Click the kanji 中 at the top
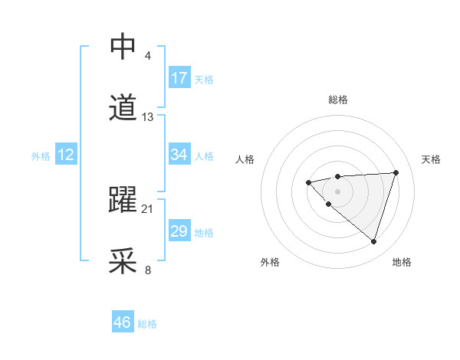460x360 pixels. (x=123, y=47)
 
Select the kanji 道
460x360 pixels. (x=123, y=108)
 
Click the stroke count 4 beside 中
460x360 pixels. (x=147, y=56)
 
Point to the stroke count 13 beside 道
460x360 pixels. (x=148, y=117)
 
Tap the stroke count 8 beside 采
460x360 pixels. (x=147, y=270)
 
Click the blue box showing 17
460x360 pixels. (x=179, y=78)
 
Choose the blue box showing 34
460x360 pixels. (x=179, y=155)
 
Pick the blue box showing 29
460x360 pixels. (x=179, y=231)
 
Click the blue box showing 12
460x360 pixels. (x=66, y=155)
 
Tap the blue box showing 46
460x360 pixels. (x=123, y=322)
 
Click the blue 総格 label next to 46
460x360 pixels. (x=147, y=324)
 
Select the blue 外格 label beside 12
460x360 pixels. (x=41, y=156)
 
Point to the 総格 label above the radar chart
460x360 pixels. (x=337, y=100)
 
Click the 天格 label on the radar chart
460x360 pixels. (x=431, y=159)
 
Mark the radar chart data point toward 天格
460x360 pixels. (x=396, y=172)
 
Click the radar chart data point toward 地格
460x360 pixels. (x=373, y=241)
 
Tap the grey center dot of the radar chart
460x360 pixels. (x=337, y=191)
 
